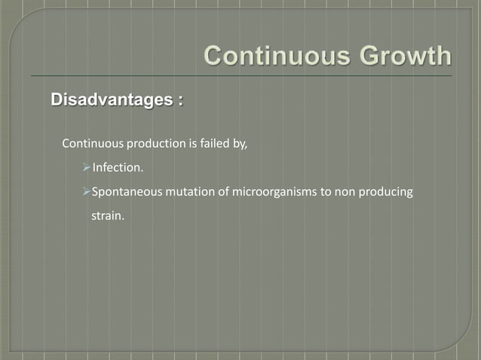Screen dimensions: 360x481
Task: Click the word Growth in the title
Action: [x=400, y=56]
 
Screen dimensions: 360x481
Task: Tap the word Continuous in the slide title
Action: [x=272, y=56]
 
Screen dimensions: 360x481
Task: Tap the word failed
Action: [x=214, y=144]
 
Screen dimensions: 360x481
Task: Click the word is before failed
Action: [x=191, y=144]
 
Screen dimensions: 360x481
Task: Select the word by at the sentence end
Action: [x=240, y=145]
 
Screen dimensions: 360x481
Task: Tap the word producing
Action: [x=388, y=193]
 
